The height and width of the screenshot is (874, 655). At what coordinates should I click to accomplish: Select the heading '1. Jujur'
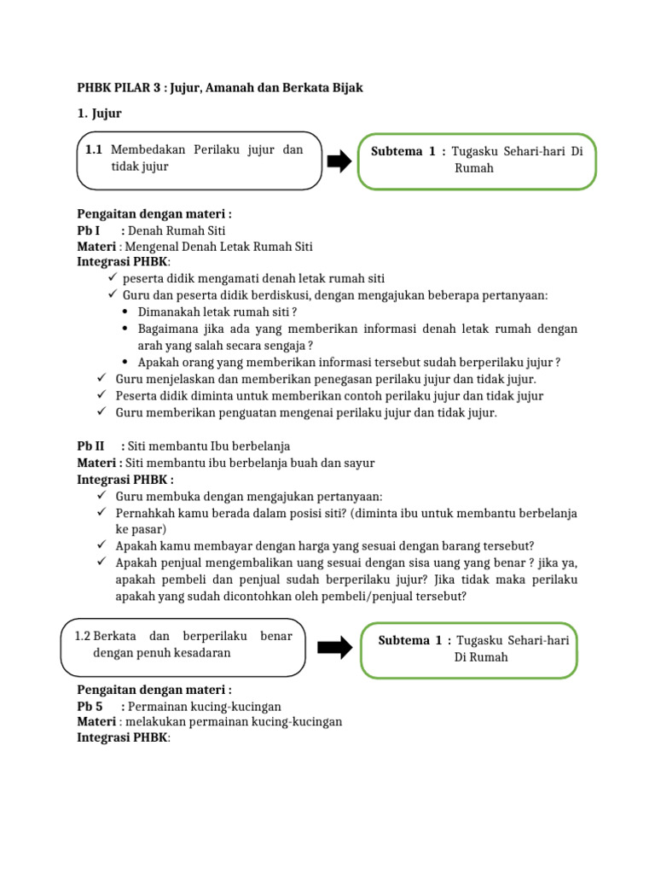pyautogui.click(x=100, y=114)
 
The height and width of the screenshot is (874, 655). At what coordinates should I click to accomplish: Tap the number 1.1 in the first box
pyautogui.click(x=95, y=150)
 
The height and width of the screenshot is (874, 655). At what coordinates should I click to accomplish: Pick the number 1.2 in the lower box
pyautogui.click(x=83, y=636)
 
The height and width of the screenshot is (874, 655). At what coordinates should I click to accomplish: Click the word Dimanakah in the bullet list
pyautogui.click(x=167, y=312)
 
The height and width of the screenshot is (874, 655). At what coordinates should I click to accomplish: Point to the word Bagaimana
pyautogui.click(x=168, y=329)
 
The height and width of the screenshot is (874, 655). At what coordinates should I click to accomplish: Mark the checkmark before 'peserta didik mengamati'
pyautogui.click(x=113, y=278)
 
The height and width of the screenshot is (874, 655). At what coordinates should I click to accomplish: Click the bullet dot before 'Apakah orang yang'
pyautogui.click(x=126, y=362)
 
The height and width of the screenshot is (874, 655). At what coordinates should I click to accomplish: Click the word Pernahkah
pyautogui.click(x=144, y=513)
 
